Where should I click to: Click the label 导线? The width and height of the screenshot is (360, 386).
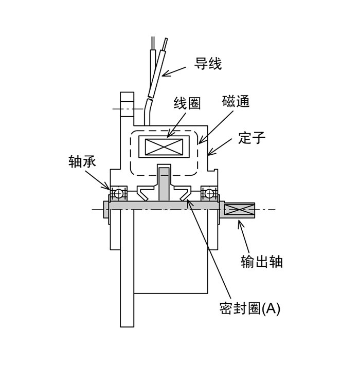208,64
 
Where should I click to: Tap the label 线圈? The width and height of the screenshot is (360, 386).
187,103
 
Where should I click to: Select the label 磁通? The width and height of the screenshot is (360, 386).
236,101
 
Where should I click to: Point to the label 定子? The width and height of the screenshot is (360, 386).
251,138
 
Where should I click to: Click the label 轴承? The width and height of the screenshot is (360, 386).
82,161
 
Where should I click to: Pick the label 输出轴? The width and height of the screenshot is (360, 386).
261,261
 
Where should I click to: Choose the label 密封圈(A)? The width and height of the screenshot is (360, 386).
249,308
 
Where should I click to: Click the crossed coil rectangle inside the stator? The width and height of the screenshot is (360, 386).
164,147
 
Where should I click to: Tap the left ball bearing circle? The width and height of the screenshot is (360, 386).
118,193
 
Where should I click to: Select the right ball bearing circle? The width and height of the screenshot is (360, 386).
209,193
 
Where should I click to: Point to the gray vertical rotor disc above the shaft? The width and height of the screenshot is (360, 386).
164,184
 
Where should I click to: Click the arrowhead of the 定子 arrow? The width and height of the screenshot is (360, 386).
209,155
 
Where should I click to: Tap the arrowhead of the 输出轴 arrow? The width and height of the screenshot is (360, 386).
239,222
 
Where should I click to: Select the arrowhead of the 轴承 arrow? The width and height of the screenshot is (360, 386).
109,189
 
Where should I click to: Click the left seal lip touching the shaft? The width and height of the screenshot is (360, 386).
143,194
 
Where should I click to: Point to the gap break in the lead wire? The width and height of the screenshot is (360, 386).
150,98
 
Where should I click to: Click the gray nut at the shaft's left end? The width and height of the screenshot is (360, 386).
106,209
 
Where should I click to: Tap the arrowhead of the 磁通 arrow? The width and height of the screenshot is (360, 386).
200,143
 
